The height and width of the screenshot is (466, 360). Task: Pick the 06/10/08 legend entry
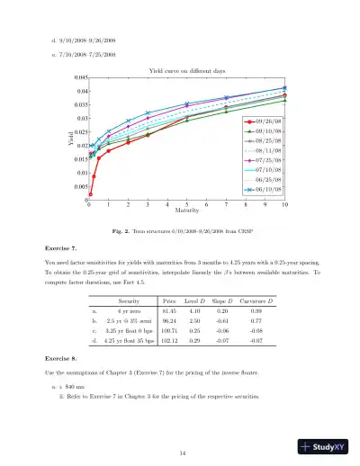270,190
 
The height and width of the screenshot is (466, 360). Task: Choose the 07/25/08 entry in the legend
270,160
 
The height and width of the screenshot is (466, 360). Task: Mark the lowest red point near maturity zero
91,193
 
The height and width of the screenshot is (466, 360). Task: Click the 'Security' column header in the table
132,299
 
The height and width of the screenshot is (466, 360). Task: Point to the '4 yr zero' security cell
132,311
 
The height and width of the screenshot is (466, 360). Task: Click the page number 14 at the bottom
181,426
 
